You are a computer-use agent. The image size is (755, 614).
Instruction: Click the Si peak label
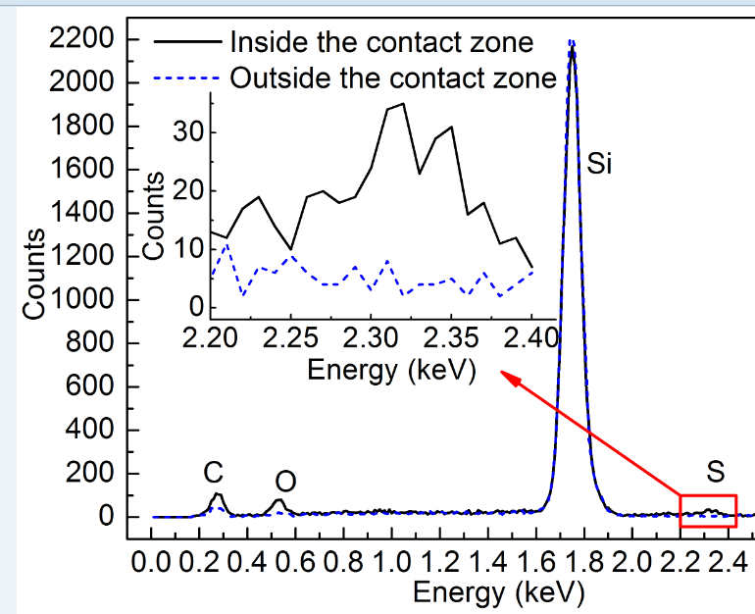coord(599,164)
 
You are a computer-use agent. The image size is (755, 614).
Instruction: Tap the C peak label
coord(213,472)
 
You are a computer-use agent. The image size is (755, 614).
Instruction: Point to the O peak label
coord(285,482)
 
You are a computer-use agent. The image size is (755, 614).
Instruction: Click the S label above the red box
coord(716,472)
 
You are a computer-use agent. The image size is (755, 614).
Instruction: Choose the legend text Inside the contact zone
coord(381,42)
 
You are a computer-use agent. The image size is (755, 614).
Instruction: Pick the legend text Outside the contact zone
coord(393,77)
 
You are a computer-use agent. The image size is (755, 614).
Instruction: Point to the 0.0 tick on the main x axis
coord(153,562)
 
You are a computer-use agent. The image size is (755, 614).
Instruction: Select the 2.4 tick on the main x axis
coord(728,562)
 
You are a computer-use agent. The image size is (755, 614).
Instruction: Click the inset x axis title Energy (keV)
coord(391,370)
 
